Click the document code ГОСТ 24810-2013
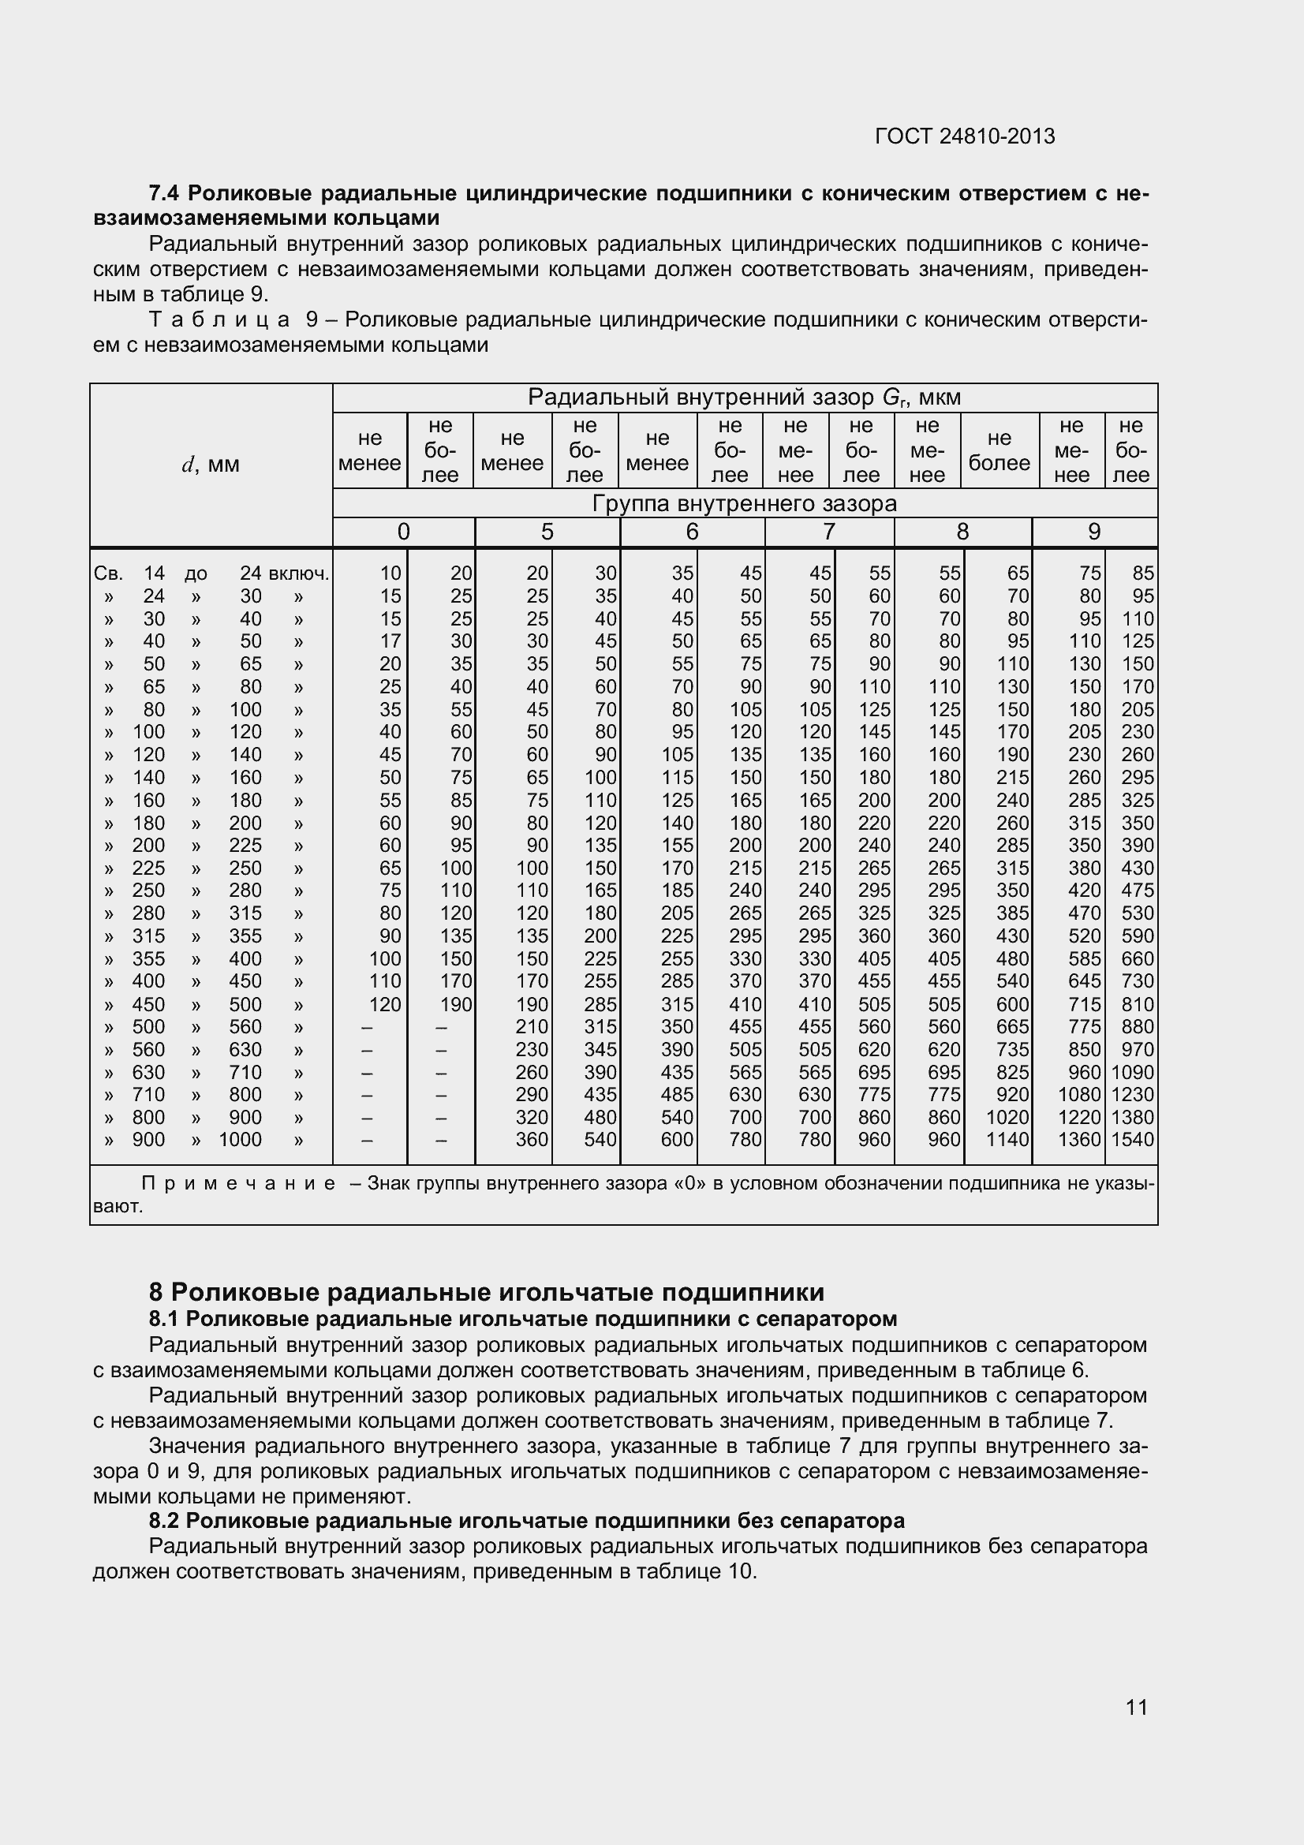pyautogui.click(x=964, y=136)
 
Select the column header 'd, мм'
pyautogui.click(x=211, y=465)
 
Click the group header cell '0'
pyautogui.click(x=403, y=532)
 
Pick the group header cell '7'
pyautogui.click(x=828, y=532)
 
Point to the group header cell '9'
pyautogui.click(x=1093, y=532)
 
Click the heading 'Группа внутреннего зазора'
pyautogui.click(x=744, y=504)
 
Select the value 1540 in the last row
pyautogui.click(x=1132, y=1140)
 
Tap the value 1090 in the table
pyautogui.click(x=1132, y=1073)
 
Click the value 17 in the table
pyautogui.click(x=390, y=641)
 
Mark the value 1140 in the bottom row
pyautogui.click(x=1007, y=1140)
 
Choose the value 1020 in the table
pyautogui.click(x=1007, y=1117)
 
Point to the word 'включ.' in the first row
pyautogui.click(x=299, y=573)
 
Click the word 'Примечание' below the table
pyautogui.click(x=238, y=1184)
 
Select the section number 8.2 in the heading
pyautogui.click(x=164, y=1521)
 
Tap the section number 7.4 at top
pyautogui.click(x=166, y=194)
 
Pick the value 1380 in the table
pyautogui.click(x=1132, y=1117)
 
